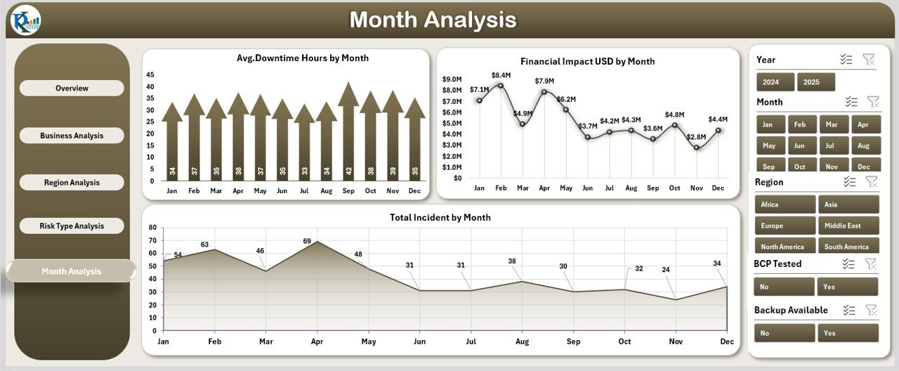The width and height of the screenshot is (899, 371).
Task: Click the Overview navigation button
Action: point(72,89)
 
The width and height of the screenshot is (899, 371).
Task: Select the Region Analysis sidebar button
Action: point(72,183)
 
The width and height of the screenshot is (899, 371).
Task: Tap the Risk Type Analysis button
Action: point(72,226)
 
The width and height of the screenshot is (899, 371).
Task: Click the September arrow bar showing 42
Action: point(348,134)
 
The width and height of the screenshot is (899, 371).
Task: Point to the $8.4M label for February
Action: point(501,75)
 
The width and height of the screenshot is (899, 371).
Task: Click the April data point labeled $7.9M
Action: point(544,92)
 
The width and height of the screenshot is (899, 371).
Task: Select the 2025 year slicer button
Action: point(815,82)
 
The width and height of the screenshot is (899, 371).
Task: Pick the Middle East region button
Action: point(848,226)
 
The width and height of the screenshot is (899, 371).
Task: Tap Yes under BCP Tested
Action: point(847,287)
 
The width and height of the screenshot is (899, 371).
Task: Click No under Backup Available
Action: point(784,333)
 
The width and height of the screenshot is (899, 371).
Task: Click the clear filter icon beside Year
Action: point(869,60)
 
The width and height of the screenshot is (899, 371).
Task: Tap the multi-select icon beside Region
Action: point(850,182)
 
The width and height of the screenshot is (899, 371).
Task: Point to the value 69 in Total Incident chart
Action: point(307,241)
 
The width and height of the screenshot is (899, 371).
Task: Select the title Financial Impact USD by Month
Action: point(587,62)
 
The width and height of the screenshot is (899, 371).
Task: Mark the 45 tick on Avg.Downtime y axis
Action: point(150,74)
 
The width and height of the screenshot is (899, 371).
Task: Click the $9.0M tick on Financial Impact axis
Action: point(452,79)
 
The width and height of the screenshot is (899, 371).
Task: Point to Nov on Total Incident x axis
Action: point(675,341)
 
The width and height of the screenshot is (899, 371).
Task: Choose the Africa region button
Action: point(785,204)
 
